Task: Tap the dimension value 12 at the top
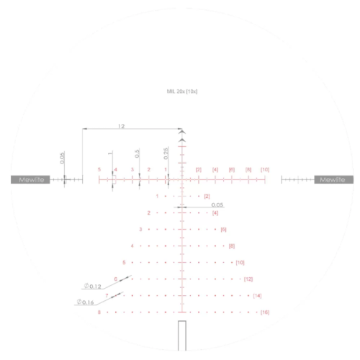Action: [x=121, y=126]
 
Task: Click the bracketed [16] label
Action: [x=265, y=312]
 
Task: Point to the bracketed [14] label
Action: [x=257, y=296]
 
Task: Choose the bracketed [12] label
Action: [x=248, y=279]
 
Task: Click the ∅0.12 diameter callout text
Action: [x=91, y=287]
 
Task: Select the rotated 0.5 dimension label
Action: [x=137, y=154]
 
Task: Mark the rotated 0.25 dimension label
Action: [x=166, y=153]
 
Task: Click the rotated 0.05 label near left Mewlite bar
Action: [x=63, y=158]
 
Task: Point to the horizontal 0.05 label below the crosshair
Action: [x=217, y=204]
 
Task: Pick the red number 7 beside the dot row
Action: [x=107, y=295]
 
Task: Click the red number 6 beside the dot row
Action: [x=115, y=279]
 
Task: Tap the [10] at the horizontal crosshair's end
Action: [x=265, y=169]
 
